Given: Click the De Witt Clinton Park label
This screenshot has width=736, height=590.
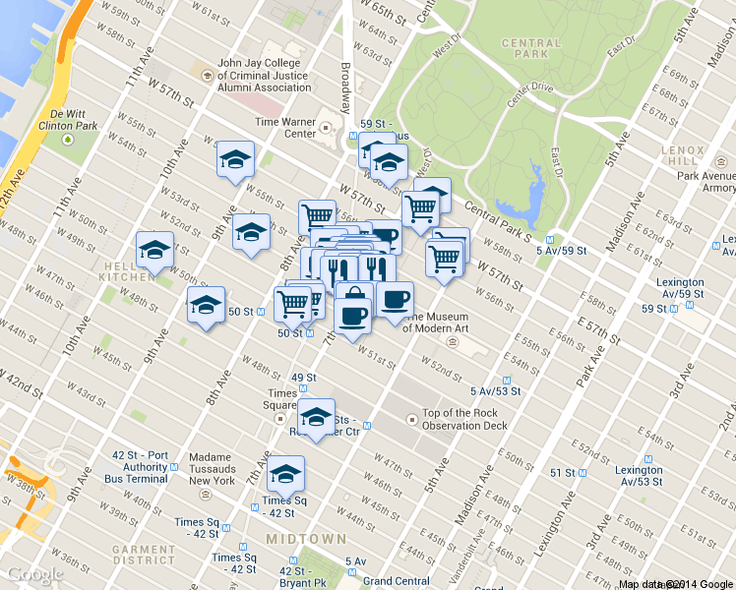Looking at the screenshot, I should coord(67,120).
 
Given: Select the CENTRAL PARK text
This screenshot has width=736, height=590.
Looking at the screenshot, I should coord(530,50).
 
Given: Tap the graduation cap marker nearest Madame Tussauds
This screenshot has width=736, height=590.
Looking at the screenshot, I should coord(285,475).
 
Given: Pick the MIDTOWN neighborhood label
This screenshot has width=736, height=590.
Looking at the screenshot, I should coord(305,540).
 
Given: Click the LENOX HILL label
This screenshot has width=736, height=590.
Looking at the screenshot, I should coord(685,154).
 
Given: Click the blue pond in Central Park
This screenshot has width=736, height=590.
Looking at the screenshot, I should coord(532,197).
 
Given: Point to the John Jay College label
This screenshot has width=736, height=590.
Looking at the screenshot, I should coord(264,75).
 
